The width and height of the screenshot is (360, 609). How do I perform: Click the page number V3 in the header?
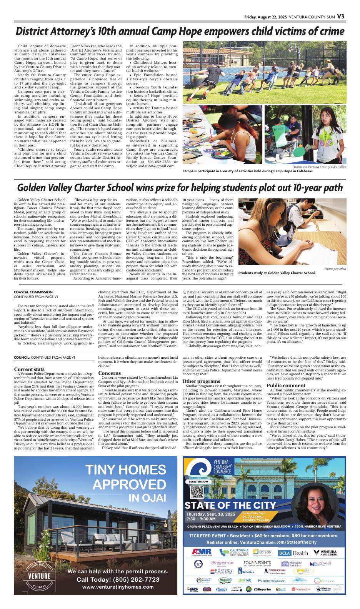pos(341,17)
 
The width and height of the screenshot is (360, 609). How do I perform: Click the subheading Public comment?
pos(286,385)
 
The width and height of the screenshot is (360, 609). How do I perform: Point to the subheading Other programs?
pos(201,381)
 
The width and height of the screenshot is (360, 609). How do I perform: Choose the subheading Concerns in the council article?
pos(110,373)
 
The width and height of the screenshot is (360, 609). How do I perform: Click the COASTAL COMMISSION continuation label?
pos(33,292)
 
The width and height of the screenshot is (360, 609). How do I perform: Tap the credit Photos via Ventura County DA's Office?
pos(319,167)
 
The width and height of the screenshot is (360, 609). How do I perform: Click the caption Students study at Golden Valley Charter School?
pos(277,273)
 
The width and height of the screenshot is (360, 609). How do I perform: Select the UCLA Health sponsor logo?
pos(293,553)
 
